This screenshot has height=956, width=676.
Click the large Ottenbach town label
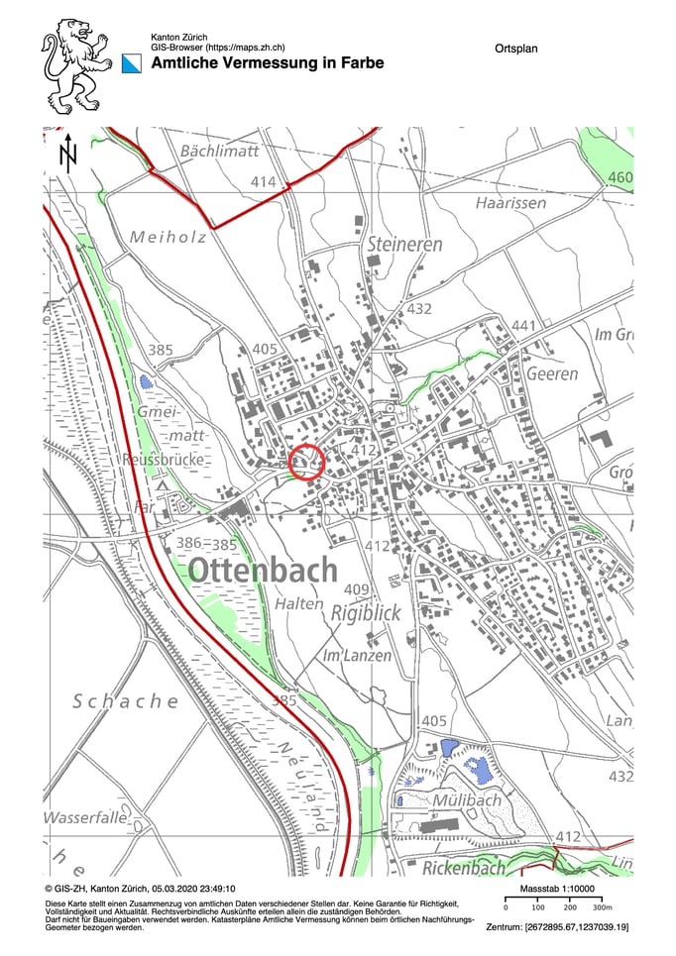(262, 571)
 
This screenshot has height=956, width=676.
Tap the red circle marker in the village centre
(308, 462)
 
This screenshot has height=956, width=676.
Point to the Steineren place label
(403, 244)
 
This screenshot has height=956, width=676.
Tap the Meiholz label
(168, 237)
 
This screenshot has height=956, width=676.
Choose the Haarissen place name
(510, 202)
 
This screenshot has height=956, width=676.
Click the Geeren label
(552, 374)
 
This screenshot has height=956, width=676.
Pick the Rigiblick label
(367, 613)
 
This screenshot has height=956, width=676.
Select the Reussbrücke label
(164, 461)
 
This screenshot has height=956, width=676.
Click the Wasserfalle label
(85, 818)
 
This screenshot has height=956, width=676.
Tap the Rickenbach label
(464, 868)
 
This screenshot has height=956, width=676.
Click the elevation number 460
(620, 178)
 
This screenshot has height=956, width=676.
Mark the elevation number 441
(523, 327)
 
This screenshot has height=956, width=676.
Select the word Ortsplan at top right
(514, 48)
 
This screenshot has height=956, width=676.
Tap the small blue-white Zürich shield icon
(133, 63)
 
